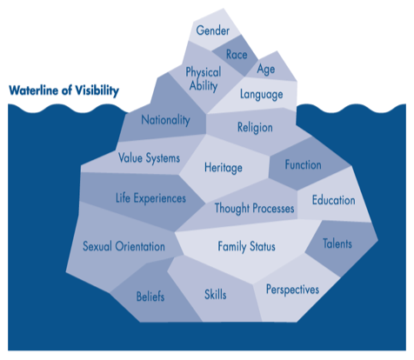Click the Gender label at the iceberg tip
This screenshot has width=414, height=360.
pyautogui.click(x=213, y=30)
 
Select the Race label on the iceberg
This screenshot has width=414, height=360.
pyautogui.click(x=237, y=55)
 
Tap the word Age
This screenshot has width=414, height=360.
pyautogui.click(x=266, y=70)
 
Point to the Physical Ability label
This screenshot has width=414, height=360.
pyautogui.click(x=204, y=79)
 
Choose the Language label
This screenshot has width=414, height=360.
pyautogui.click(x=261, y=95)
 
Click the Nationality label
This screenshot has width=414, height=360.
pyautogui.click(x=165, y=120)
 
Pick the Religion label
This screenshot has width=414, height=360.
pyautogui.click(x=255, y=128)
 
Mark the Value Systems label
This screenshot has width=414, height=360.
pyautogui.click(x=149, y=158)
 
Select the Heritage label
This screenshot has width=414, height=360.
pyautogui.click(x=224, y=168)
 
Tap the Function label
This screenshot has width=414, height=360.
pyautogui.click(x=303, y=164)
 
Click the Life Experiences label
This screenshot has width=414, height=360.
pyautogui.click(x=150, y=198)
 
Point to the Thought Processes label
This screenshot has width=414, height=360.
pyautogui.click(x=254, y=208)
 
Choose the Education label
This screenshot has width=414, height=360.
pyautogui.click(x=333, y=200)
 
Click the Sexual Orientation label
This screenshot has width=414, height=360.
pyautogui.click(x=124, y=246)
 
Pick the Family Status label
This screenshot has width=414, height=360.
pyautogui.click(x=246, y=246)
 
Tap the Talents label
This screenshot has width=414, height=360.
pyautogui.click(x=337, y=243)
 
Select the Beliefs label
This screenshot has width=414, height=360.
pyautogui.click(x=150, y=297)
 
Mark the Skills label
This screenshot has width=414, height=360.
pyautogui.click(x=216, y=295)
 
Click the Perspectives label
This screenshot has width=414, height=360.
pyautogui.click(x=292, y=290)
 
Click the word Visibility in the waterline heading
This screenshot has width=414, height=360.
pyautogui.click(x=97, y=90)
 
